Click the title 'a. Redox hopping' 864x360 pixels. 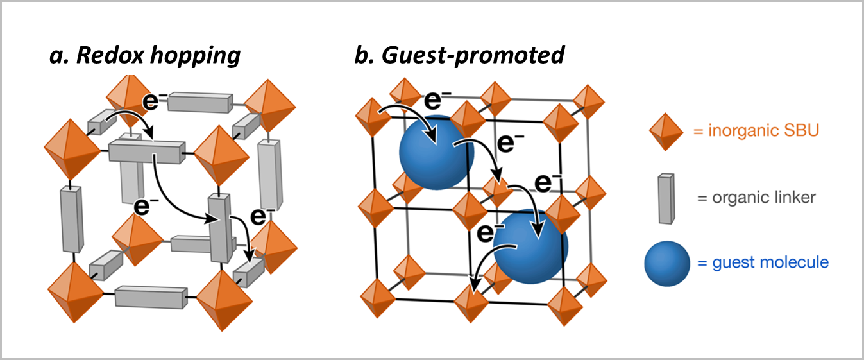coord(145,56)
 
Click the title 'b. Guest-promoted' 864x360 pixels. coord(459,56)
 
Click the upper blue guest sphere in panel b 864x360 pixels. coord(436,153)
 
